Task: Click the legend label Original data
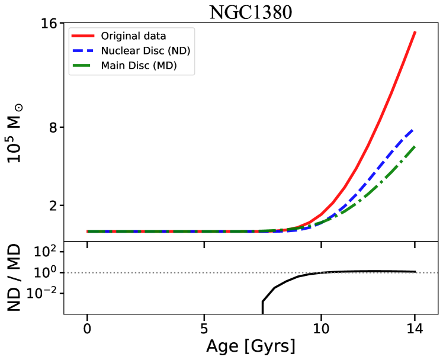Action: [x=133, y=36]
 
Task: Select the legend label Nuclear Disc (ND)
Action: [x=146, y=51]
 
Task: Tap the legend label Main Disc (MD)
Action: [x=139, y=66]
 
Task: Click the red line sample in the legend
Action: [x=84, y=36]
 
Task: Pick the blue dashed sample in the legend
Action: [x=84, y=51]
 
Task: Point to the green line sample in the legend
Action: [x=84, y=66]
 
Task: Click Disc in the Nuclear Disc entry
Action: [x=150, y=51]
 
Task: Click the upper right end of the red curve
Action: [x=415, y=32]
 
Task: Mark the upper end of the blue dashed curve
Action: [x=413, y=128]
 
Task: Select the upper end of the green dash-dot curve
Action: [x=415, y=146]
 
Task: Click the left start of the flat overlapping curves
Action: [x=88, y=232]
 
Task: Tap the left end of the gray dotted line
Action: [x=65, y=273]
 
